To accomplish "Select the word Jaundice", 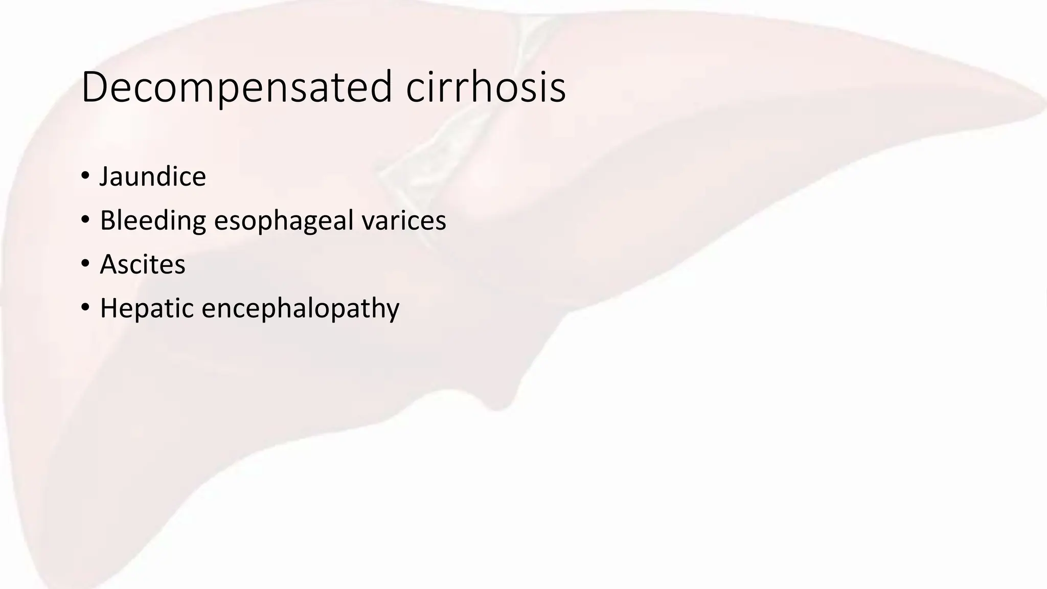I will coord(152,177).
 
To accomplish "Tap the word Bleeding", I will coord(153,221).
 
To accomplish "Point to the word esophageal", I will coord(284,221).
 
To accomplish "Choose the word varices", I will coord(403,221).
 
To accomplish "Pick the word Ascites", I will coord(143,264).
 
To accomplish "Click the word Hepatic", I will coord(147,308).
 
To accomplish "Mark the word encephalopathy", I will coord(301,308).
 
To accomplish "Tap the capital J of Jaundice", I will coord(105,177).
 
